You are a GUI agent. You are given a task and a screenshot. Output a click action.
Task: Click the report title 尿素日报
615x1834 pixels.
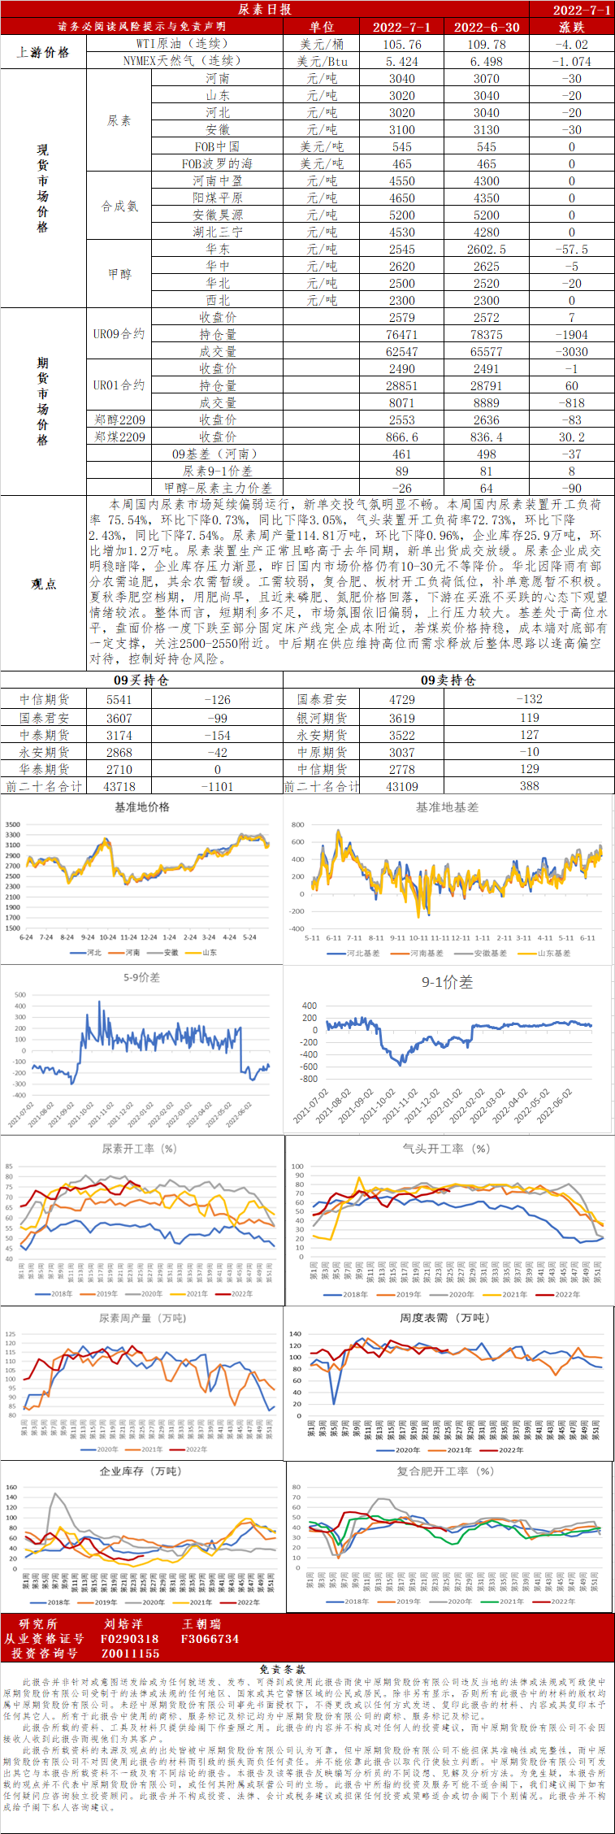click(x=265, y=9)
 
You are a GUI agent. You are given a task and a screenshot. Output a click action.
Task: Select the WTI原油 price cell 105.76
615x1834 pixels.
click(x=402, y=44)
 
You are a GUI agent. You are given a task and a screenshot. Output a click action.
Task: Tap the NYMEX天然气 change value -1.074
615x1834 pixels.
click(x=571, y=61)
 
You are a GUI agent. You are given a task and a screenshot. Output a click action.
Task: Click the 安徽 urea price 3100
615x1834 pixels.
click(x=402, y=129)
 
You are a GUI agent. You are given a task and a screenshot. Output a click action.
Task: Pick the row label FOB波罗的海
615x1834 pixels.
click(x=217, y=163)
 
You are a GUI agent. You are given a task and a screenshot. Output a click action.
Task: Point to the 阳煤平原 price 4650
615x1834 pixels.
click(x=402, y=198)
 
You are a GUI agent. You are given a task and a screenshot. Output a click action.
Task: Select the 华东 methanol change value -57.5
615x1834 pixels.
click(x=571, y=249)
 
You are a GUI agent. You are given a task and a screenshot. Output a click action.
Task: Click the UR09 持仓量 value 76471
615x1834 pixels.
click(x=402, y=334)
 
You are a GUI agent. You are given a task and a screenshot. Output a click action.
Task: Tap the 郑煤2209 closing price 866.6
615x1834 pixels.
click(x=402, y=437)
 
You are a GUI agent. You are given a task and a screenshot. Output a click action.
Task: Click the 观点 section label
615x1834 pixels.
click(x=43, y=583)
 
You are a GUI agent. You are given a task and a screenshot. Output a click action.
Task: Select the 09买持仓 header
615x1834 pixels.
click(x=141, y=680)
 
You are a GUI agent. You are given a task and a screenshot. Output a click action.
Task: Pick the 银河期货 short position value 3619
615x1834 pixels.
click(x=402, y=718)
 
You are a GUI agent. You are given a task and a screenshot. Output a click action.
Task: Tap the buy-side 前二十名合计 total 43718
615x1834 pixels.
click(x=119, y=786)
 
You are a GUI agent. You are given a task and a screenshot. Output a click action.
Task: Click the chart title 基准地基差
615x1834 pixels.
click(x=447, y=807)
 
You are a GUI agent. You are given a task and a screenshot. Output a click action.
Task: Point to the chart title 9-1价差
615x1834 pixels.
click(x=447, y=982)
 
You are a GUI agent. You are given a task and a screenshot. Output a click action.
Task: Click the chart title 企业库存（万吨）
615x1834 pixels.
click(x=141, y=1471)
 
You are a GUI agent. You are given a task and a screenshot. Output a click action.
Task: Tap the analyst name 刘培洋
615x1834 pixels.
click(x=123, y=1623)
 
